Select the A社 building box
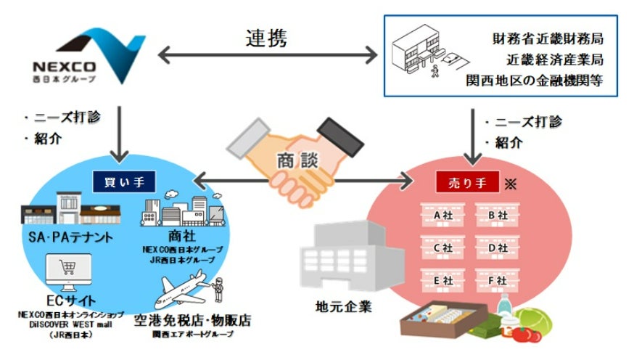443,215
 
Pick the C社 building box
443,247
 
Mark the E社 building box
443,279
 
